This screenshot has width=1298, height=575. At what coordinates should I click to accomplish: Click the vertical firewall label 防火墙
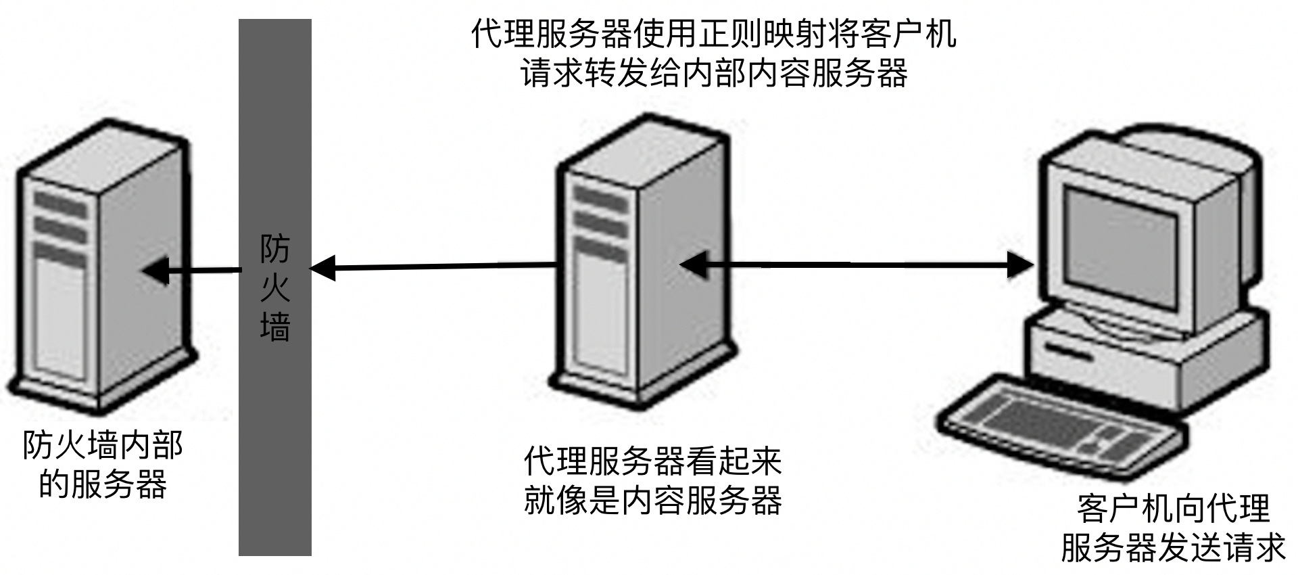coord(274,287)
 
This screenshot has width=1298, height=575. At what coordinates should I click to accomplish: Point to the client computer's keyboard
coord(1061,423)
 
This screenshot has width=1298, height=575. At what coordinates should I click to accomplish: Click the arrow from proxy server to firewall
coord(439,268)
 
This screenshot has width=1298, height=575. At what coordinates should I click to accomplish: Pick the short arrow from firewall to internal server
coord(196,271)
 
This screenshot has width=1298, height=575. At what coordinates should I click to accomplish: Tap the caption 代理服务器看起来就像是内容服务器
coord(652,481)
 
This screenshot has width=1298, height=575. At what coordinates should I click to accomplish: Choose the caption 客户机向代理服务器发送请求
coord(1173,528)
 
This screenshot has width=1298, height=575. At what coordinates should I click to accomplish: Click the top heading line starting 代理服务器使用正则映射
coord(713,34)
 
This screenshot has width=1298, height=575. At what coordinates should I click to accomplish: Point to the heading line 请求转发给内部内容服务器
coord(713,73)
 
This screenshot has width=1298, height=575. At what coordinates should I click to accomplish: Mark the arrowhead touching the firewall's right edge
coord(322,269)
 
